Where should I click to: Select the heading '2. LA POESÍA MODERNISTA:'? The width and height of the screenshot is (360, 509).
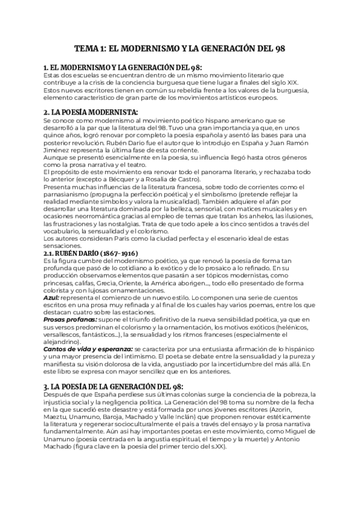click(83, 112)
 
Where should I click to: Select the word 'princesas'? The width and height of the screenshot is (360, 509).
click(63, 282)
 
